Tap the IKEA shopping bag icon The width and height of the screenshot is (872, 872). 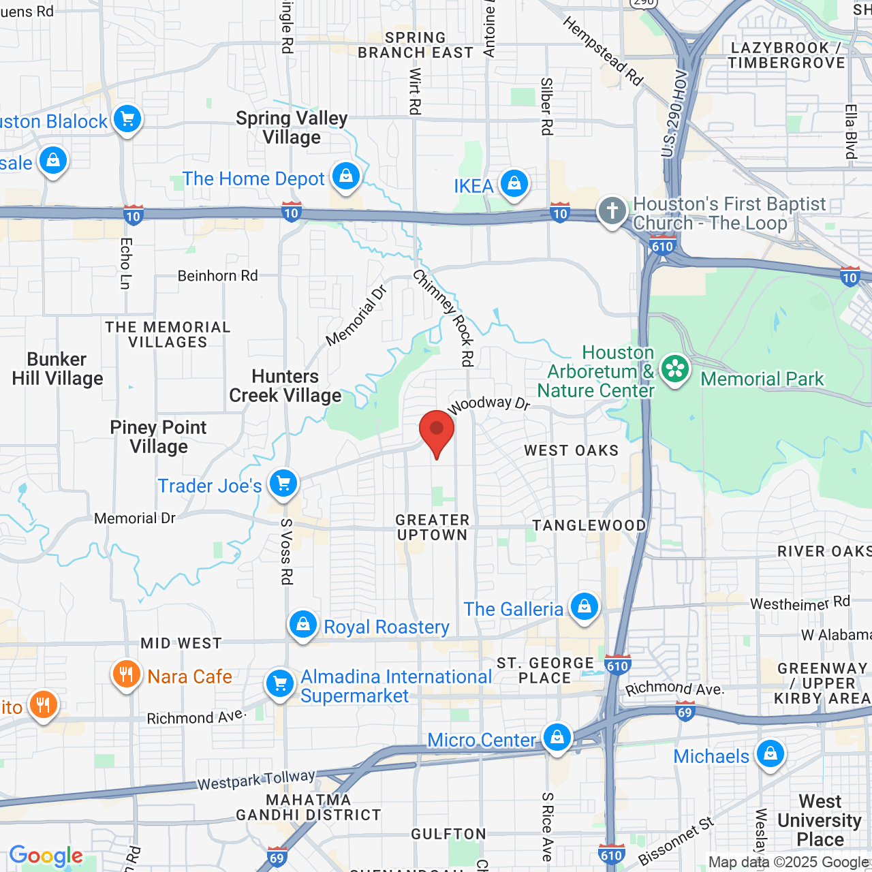point(514,184)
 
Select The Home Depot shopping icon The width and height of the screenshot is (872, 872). point(346,176)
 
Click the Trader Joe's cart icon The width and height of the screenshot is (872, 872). point(283,484)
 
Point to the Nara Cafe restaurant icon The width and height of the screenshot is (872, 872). point(126,675)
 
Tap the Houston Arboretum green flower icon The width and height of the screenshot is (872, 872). point(674,370)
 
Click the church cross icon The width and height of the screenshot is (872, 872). point(612,211)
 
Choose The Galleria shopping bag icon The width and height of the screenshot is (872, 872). point(584,606)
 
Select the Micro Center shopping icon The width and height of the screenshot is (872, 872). point(557,738)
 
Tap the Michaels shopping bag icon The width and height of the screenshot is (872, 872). point(770,754)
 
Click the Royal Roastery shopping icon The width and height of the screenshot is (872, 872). point(303,624)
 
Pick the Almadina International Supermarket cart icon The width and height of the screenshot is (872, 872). point(279,684)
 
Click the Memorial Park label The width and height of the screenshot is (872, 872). point(762,379)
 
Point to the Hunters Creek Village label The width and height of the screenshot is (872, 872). point(285,386)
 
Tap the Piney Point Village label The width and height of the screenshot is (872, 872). point(159,437)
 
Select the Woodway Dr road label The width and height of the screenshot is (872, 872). point(488,404)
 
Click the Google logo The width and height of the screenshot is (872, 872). point(46,856)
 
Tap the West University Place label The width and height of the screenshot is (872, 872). point(820,820)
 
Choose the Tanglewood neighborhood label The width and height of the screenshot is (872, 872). point(589,525)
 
